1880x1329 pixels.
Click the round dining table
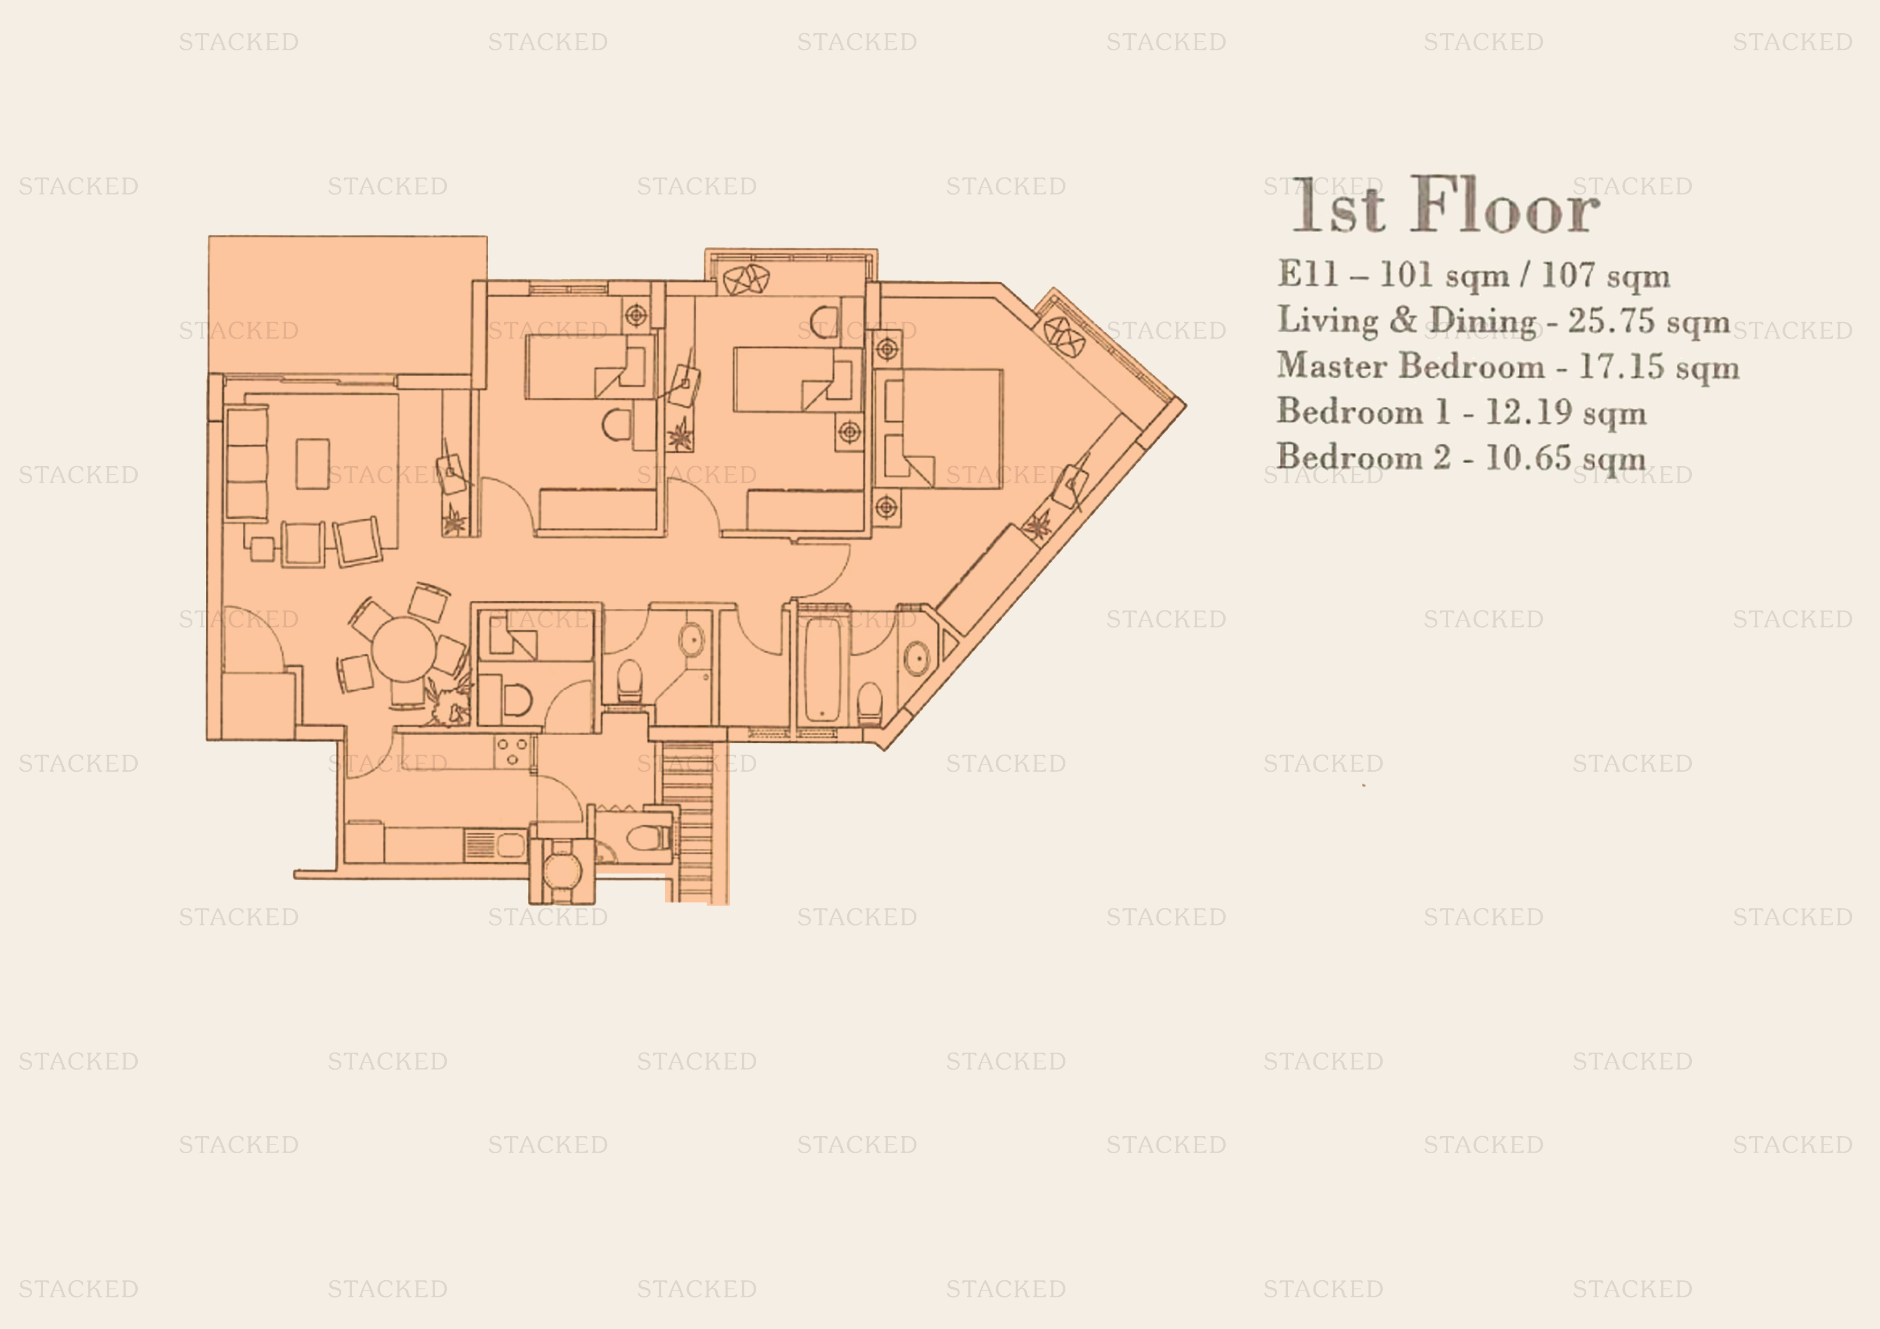pyautogui.click(x=404, y=648)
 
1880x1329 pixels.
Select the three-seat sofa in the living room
pyautogui.click(x=247, y=464)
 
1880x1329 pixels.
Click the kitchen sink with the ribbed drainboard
pyautogui.click(x=495, y=844)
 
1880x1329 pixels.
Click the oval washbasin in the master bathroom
pyautogui.click(x=917, y=658)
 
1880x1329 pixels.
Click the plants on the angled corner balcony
pyautogui.click(x=1064, y=335)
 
